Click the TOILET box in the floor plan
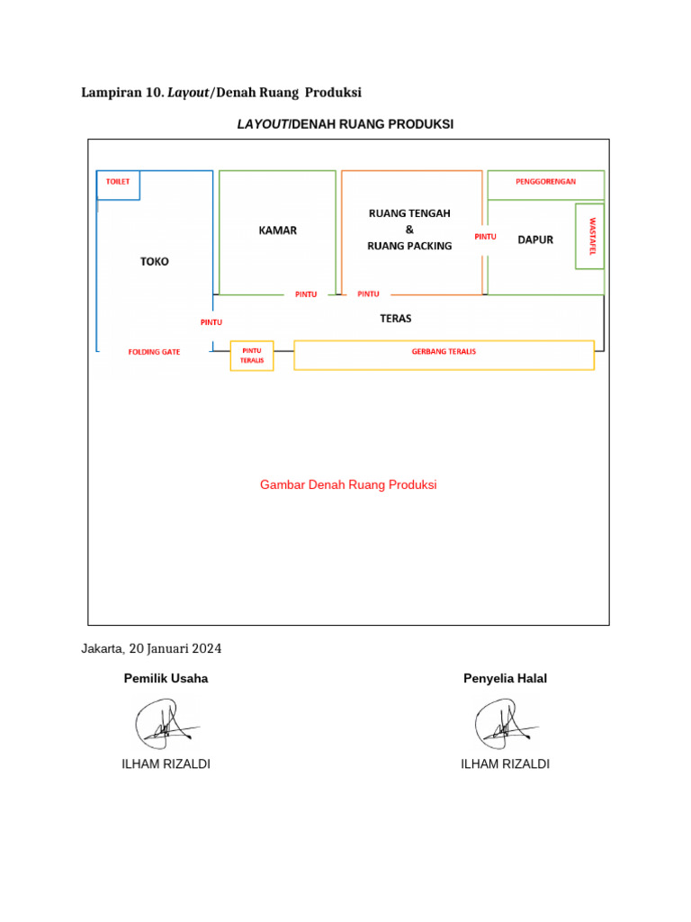pos(118,184)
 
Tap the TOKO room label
pos(154,261)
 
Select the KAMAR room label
pos(277,230)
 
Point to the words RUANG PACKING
pos(409,245)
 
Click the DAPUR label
pos(535,240)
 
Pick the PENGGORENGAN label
pos(545,181)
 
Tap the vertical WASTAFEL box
pos(590,236)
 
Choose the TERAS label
pos(396,319)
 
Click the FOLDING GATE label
pos(154,352)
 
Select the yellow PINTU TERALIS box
pos(252,356)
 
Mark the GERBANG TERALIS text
pos(444,351)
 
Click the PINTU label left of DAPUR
pos(485,237)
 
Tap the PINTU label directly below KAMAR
pos(306,294)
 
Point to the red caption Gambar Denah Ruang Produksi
pos(348,484)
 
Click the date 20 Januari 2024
pos(175,648)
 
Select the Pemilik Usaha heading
pos(166,679)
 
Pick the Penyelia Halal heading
pos(505,679)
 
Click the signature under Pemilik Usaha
pos(166,723)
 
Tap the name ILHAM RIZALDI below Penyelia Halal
pos(505,764)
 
